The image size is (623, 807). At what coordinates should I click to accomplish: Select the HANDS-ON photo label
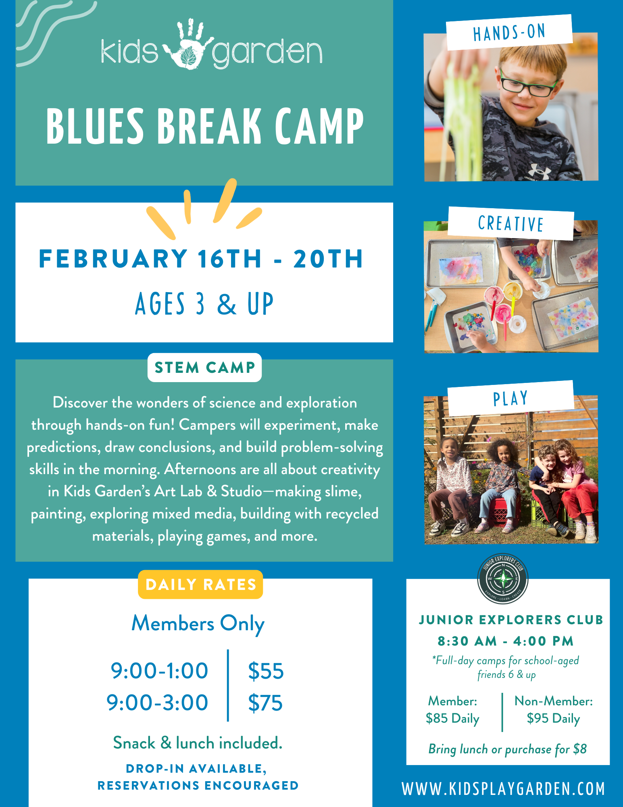(x=509, y=32)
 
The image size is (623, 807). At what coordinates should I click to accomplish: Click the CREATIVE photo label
(x=510, y=224)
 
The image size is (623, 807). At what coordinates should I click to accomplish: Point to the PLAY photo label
(x=510, y=399)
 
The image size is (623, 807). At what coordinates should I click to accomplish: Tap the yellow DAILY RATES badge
(x=200, y=584)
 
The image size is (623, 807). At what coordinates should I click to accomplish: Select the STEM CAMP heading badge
(x=204, y=368)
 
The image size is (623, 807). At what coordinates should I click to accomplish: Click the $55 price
(x=266, y=671)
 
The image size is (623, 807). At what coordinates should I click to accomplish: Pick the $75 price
(x=265, y=703)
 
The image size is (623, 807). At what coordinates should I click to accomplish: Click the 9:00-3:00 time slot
(x=157, y=703)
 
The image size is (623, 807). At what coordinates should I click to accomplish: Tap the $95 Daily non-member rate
(x=553, y=719)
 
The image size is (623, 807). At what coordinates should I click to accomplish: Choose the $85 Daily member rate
(x=452, y=719)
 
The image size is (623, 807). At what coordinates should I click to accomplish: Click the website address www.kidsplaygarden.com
(x=503, y=789)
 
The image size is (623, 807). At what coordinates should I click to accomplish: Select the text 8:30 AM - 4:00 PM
(x=506, y=641)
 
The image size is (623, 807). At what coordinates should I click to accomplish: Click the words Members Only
(x=198, y=624)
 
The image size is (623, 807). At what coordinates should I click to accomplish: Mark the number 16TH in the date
(x=229, y=259)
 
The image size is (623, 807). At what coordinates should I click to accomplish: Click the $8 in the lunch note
(x=580, y=749)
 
